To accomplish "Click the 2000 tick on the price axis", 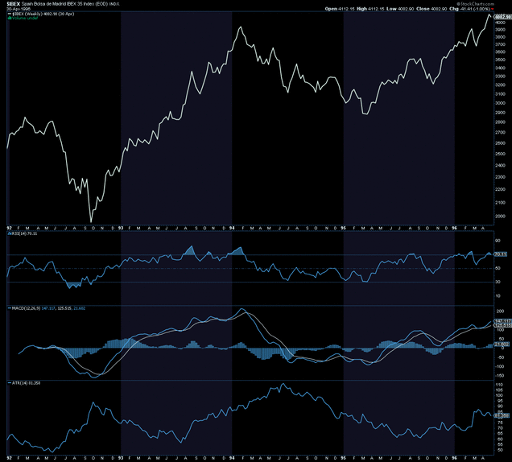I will (x=498, y=216).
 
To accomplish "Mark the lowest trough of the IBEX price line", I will (x=91, y=221).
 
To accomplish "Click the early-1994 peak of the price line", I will (x=241, y=27).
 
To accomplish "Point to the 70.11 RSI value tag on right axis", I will (x=499, y=254).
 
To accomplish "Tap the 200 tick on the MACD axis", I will (x=498, y=311).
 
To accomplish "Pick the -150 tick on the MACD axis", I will (x=498, y=375).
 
